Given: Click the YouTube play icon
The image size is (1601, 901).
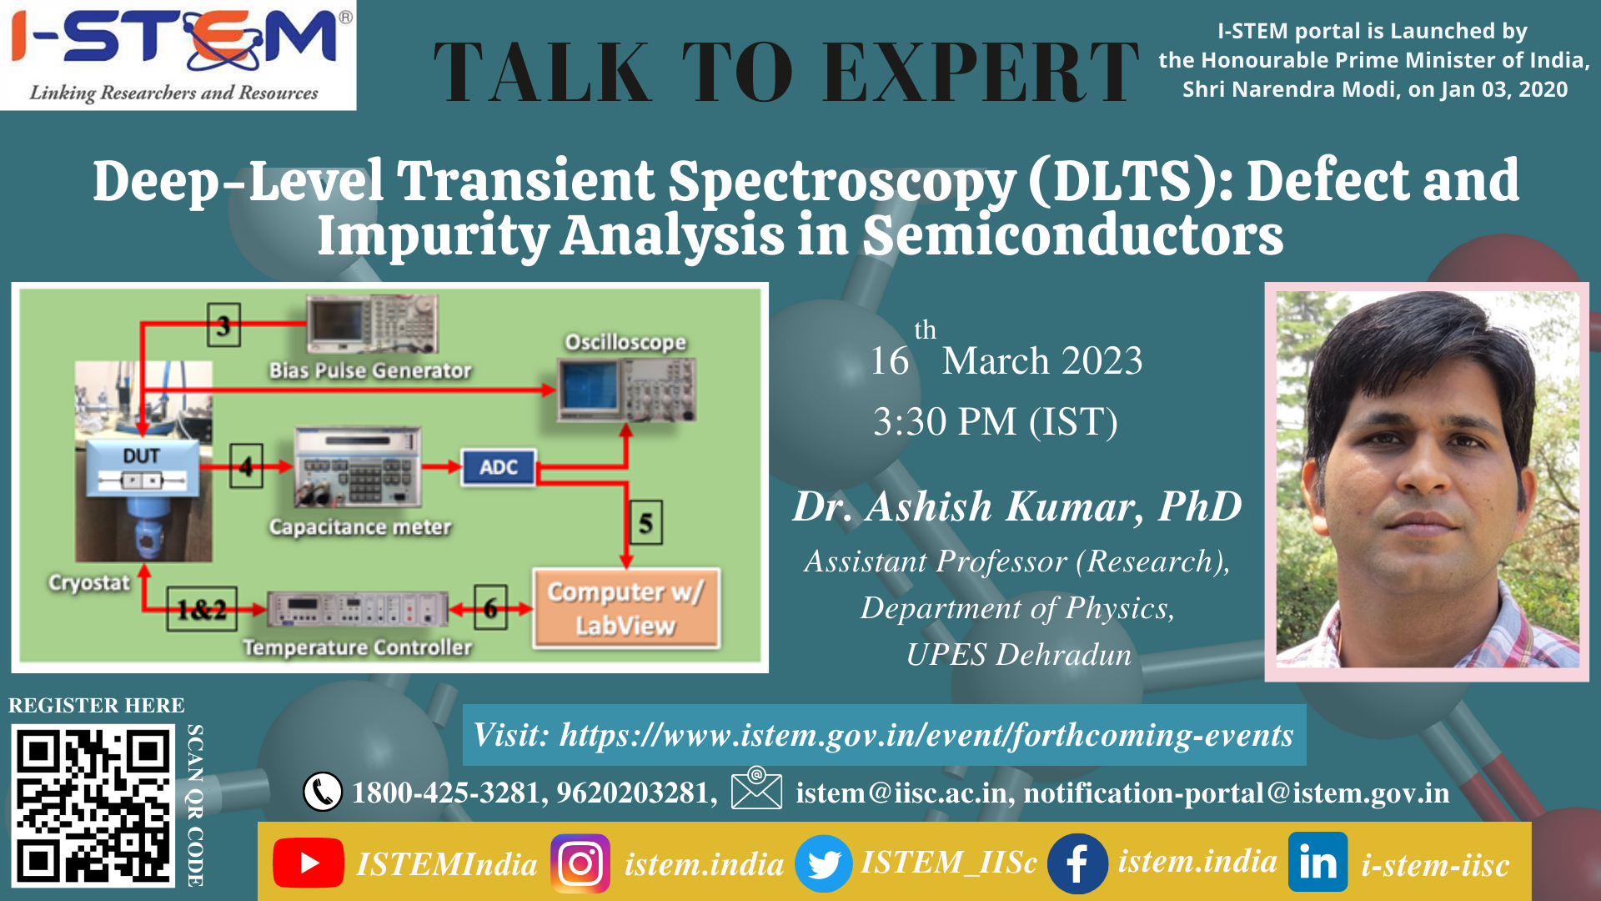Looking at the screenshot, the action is [309, 863].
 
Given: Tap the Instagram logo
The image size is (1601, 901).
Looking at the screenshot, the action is [580, 863].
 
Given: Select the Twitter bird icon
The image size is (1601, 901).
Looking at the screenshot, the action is [824, 863].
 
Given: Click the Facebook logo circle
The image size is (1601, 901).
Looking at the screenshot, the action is [1077, 863].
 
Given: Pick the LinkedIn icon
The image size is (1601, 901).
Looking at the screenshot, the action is [1317, 862].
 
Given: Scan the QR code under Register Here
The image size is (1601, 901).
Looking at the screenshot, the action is [93, 806].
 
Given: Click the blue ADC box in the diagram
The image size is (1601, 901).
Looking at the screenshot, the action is [499, 467].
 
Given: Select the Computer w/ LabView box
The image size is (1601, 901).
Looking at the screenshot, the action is [626, 608].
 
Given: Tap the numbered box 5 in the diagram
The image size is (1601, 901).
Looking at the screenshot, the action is [646, 523].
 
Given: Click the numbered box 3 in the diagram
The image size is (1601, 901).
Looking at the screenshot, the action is [223, 325].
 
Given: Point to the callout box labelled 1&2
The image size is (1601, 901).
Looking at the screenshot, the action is [202, 609].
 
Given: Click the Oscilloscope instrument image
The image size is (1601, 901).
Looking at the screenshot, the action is [627, 389].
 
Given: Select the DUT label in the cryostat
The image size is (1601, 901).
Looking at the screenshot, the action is [142, 456].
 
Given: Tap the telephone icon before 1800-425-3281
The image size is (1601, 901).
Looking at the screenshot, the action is [323, 792].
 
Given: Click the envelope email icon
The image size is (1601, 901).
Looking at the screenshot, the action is [756, 788].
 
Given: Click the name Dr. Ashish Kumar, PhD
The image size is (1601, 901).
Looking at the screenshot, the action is [1017, 506].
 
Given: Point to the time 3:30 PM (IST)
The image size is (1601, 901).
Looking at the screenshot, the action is [996, 421].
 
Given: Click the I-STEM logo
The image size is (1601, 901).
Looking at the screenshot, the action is [178, 55].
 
